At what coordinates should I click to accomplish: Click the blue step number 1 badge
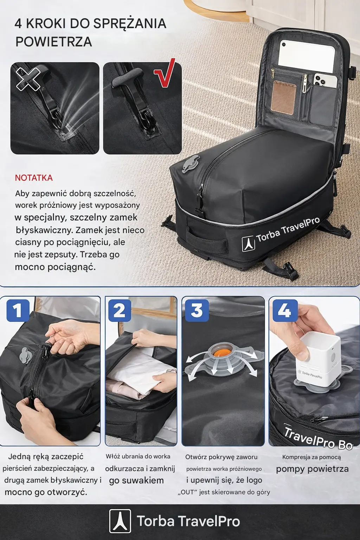click(x=18, y=310)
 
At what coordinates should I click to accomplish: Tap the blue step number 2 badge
click(x=120, y=310)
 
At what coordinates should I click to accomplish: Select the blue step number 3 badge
click(x=197, y=310)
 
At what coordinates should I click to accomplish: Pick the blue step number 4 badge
click(x=285, y=310)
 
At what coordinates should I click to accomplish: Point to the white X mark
click(x=28, y=78)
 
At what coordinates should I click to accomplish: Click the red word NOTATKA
click(x=34, y=178)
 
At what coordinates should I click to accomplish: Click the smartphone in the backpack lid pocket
click(x=325, y=80)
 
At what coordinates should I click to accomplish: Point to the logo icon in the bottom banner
click(x=120, y=521)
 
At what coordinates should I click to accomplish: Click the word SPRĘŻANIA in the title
click(x=130, y=24)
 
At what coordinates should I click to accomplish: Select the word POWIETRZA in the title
click(x=54, y=42)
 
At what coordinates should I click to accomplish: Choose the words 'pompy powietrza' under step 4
click(x=312, y=469)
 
